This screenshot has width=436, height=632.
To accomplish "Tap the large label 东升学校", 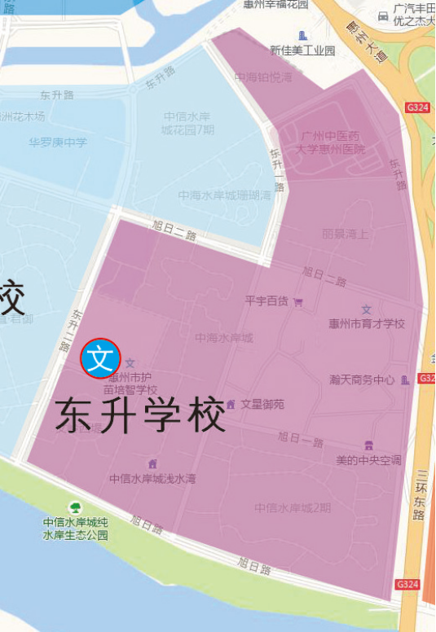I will coord(140,416).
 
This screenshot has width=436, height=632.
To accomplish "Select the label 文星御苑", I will coord(262,404).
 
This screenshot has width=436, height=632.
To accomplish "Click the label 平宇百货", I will coord(266,301).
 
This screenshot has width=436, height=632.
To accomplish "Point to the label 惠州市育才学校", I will coord(367,323).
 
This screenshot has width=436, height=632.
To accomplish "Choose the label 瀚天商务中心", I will coord(362,380).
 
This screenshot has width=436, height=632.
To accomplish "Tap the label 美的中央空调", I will coord(368,460).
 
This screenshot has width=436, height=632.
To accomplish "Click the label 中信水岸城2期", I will coord(293,507).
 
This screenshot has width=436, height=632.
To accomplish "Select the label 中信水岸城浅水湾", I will coord(152,479).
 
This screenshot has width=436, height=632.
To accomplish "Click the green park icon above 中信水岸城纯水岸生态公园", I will coord(75,508).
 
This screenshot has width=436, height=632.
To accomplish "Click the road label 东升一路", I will coord(277,169).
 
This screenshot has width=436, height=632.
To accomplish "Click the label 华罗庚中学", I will coord(58,143).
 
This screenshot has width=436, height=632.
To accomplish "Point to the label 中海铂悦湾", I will coord(262,77).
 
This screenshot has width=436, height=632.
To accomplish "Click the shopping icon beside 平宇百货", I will coord(298,302).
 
